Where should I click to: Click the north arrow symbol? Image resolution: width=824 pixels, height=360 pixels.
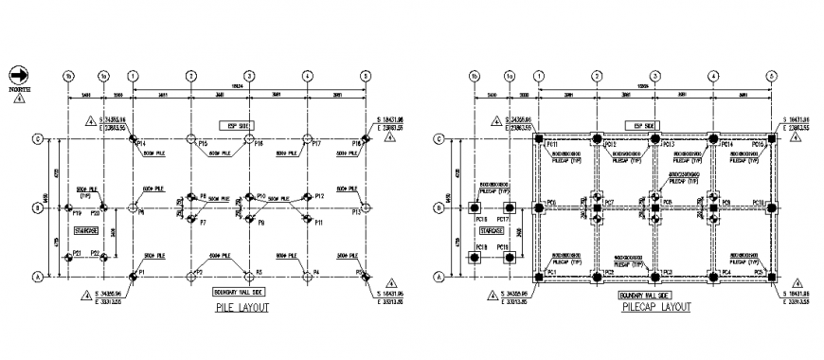pos(18,73)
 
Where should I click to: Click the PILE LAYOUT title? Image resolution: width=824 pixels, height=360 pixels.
pos(242,308)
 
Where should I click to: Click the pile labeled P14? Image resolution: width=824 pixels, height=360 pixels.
pos(134,139)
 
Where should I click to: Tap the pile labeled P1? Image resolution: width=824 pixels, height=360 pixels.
pos(134,277)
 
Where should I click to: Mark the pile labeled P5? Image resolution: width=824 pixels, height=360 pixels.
pos(365,277)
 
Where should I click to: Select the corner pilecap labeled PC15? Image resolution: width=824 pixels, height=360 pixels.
pos(772,139)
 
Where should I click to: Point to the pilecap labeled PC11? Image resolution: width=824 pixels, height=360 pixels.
pos(539,139)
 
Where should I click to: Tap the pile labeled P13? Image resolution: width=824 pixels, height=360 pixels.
pos(365,207)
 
